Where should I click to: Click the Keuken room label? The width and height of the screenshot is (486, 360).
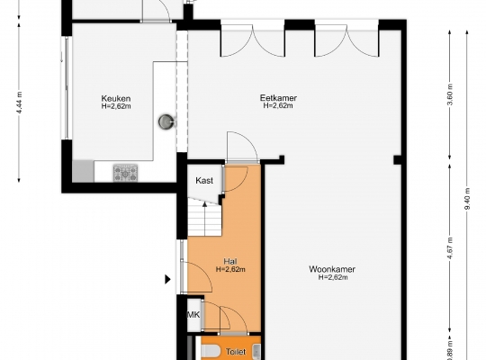(x=116, y=99)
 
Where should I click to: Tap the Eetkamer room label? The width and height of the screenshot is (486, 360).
(x=278, y=98)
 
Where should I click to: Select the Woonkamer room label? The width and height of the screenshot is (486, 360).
(x=332, y=269)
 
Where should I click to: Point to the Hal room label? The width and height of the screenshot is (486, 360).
(x=230, y=261)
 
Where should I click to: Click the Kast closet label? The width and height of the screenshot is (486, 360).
(x=204, y=181)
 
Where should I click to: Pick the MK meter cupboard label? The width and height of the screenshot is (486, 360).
(x=193, y=315)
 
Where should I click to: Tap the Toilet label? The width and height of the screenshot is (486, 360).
(x=236, y=352)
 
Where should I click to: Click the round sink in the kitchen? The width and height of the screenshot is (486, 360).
(x=166, y=121)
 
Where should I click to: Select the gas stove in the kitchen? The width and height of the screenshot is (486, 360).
(x=125, y=174)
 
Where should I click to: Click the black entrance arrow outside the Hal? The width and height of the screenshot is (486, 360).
(x=167, y=279)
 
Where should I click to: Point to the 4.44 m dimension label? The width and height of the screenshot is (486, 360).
(x=19, y=103)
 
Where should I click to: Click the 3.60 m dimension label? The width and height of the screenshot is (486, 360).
(x=450, y=94)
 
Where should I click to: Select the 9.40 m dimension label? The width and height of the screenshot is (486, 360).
(x=467, y=199)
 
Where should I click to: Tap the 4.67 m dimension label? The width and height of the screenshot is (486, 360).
(x=450, y=247)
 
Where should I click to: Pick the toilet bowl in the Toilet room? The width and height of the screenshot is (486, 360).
(x=211, y=352)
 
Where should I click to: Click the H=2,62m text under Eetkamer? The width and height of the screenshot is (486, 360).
(x=278, y=105)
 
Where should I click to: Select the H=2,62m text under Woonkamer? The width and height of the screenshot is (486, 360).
(x=333, y=277)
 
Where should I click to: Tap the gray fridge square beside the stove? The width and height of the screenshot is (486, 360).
(x=83, y=171)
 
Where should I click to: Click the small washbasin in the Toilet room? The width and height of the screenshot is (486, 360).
(x=256, y=351)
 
